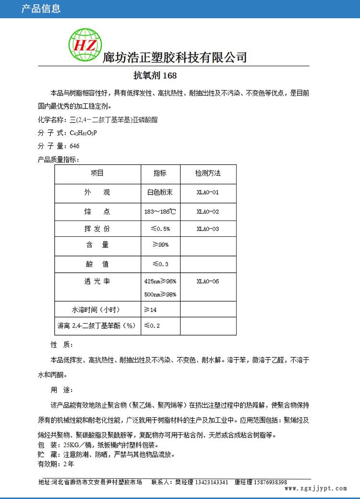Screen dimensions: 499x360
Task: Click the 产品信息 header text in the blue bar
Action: (41, 9)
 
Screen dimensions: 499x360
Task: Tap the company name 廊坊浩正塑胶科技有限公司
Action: (175, 57)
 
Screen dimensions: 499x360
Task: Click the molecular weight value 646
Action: (74, 146)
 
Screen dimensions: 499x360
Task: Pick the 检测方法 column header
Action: (208, 173)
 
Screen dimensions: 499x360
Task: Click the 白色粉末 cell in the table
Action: (160, 192)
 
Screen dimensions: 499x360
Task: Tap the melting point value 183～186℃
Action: (160, 211)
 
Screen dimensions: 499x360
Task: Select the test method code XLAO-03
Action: (208, 229)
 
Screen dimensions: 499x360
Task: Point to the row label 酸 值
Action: (97, 264)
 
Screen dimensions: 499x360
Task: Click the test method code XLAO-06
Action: (208, 281)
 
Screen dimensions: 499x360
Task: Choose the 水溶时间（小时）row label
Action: (96, 309)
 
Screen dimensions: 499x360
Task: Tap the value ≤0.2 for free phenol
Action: (152, 326)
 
